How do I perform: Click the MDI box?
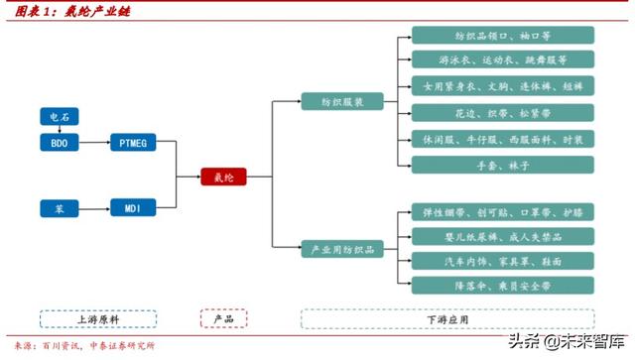pyautogui.click(x=134, y=209)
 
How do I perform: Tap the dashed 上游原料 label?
pyautogui.click(x=98, y=319)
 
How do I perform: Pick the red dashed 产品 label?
pyautogui.click(x=223, y=319)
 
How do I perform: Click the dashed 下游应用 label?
pyautogui.click(x=447, y=319)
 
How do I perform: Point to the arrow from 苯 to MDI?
pyautogui.click(x=94, y=209)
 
